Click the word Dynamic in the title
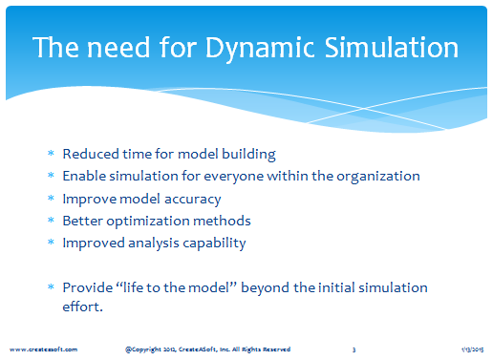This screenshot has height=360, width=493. (259, 49)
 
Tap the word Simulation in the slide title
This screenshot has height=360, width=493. (392, 47)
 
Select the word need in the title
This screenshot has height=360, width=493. (118, 47)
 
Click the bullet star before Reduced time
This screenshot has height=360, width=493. (51, 153)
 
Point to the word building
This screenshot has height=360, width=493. (248, 155)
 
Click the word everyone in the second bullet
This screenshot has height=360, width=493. (233, 177)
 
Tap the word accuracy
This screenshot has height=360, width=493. (192, 200)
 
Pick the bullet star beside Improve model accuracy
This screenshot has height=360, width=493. (51, 198)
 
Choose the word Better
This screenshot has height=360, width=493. (83, 221)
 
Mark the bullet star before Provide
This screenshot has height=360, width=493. (51, 286)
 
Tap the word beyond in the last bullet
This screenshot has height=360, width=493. (266, 288)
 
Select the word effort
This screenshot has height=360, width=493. (81, 307)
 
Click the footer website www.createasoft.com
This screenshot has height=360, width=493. (43, 349)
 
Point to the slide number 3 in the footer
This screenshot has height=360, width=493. (354, 349)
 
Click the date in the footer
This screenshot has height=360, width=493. (472, 349)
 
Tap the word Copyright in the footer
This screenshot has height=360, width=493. (147, 349)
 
